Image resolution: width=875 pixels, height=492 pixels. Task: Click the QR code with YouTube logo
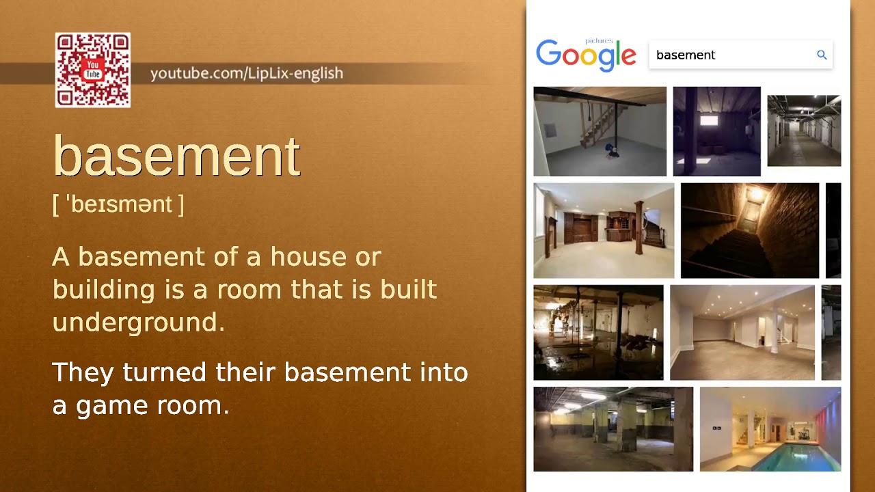pos(93,70)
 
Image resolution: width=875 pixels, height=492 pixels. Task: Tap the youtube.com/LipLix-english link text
pos(247,73)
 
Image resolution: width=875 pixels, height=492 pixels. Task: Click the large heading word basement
pos(176,156)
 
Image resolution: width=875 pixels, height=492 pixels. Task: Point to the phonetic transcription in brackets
pos(118,204)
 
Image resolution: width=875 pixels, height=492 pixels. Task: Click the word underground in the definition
pos(138,322)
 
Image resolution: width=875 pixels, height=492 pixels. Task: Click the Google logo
pos(586,55)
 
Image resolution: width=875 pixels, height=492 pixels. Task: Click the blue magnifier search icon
pos(822,55)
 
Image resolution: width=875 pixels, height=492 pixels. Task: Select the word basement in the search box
pos(686,55)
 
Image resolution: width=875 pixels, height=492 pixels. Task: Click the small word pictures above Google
pos(599,41)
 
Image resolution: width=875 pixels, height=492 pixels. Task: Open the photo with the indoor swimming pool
pos(770,429)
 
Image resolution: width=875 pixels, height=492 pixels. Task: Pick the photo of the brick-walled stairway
pos(750,230)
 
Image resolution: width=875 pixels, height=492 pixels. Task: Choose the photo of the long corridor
pos(804,131)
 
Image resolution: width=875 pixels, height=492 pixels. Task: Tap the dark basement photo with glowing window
pos(716,131)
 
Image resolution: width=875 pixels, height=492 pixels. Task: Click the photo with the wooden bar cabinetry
pos(604,230)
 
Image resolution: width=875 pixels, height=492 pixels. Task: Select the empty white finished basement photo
pos(742,332)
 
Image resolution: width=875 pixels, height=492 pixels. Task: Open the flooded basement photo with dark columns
pos(598,332)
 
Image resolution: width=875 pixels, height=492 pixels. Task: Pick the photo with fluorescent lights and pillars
pos(613,429)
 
